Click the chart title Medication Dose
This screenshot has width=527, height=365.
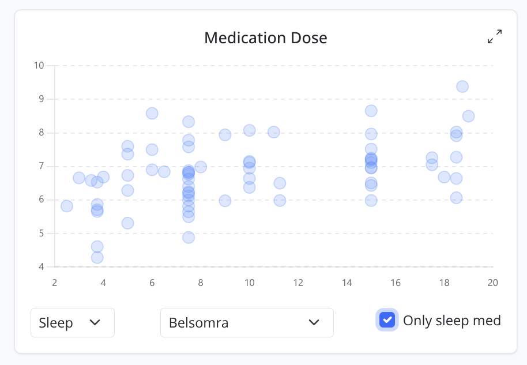(x=265, y=38)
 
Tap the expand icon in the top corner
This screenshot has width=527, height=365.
(x=495, y=37)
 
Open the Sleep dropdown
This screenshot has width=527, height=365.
(x=73, y=322)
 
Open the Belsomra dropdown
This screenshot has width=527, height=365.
(x=247, y=322)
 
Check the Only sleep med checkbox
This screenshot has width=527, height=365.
(x=387, y=320)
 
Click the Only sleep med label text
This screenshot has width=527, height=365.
(x=451, y=321)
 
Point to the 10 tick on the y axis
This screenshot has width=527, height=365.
(x=39, y=65)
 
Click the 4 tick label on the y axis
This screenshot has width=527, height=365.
(x=41, y=267)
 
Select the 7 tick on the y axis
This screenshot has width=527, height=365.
(x=41, y=166)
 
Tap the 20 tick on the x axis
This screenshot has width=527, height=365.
(x=492, y=283)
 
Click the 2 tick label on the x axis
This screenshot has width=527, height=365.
(x=55, y=283)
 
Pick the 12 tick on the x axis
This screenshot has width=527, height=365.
(x=298, y=283)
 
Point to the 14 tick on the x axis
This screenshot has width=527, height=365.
(x=347, y=283)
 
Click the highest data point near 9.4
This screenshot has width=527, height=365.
(x=462, y=86)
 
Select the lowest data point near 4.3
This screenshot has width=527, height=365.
(x=97, y=257)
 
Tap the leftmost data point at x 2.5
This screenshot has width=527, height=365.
(x=67, y=206)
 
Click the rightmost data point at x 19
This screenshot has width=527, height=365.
(x=468, y=116)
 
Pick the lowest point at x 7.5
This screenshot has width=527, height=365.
(x=189, y=238)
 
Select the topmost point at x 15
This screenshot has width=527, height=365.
(x=371, y=111)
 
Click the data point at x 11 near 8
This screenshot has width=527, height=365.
(x=274, y=132)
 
